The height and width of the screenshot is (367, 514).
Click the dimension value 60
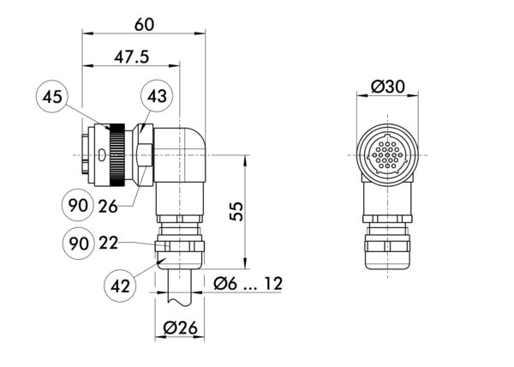pos(143,27)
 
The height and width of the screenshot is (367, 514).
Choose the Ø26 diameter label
pos(180,327)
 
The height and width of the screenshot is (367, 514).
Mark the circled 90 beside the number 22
pos(78,244)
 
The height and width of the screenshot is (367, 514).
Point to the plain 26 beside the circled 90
pos(108,206)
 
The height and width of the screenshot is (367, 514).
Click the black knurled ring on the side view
pos(116,154)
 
